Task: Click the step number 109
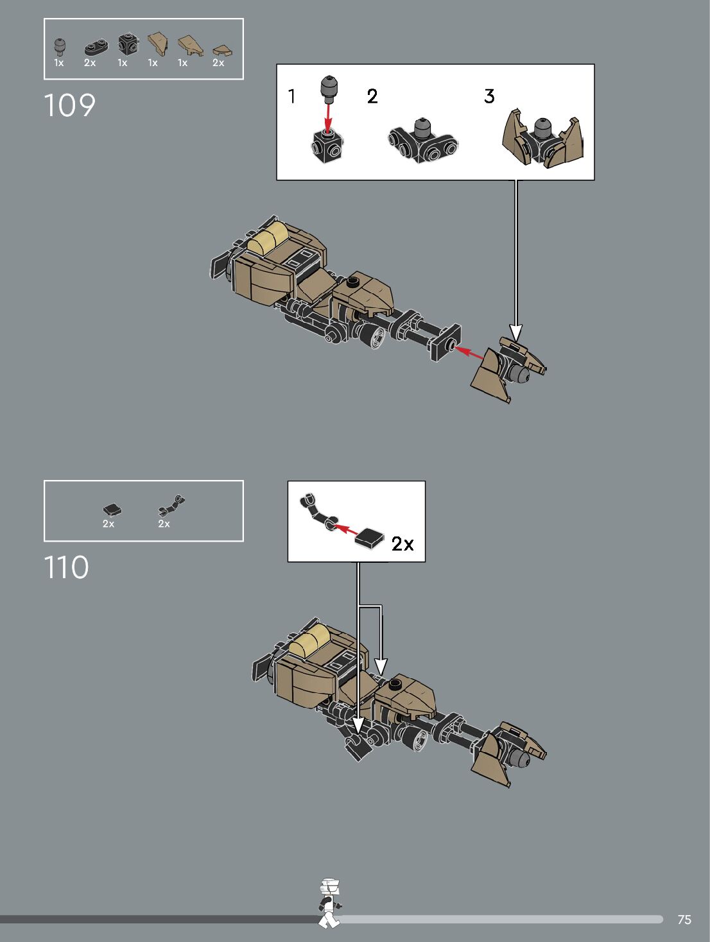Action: point(69,106)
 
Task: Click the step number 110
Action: point(66,567)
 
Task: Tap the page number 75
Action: point(684,920)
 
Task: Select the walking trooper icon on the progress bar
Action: point(330,903)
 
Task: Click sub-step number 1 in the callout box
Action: point(292,96)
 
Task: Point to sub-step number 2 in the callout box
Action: point(372,96)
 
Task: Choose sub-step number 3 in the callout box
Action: point(489,96)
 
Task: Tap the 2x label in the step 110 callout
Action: point(403,544)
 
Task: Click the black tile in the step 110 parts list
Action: point(112,510)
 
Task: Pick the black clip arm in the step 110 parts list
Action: point(171,506)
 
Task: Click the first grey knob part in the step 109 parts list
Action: point(60,46)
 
